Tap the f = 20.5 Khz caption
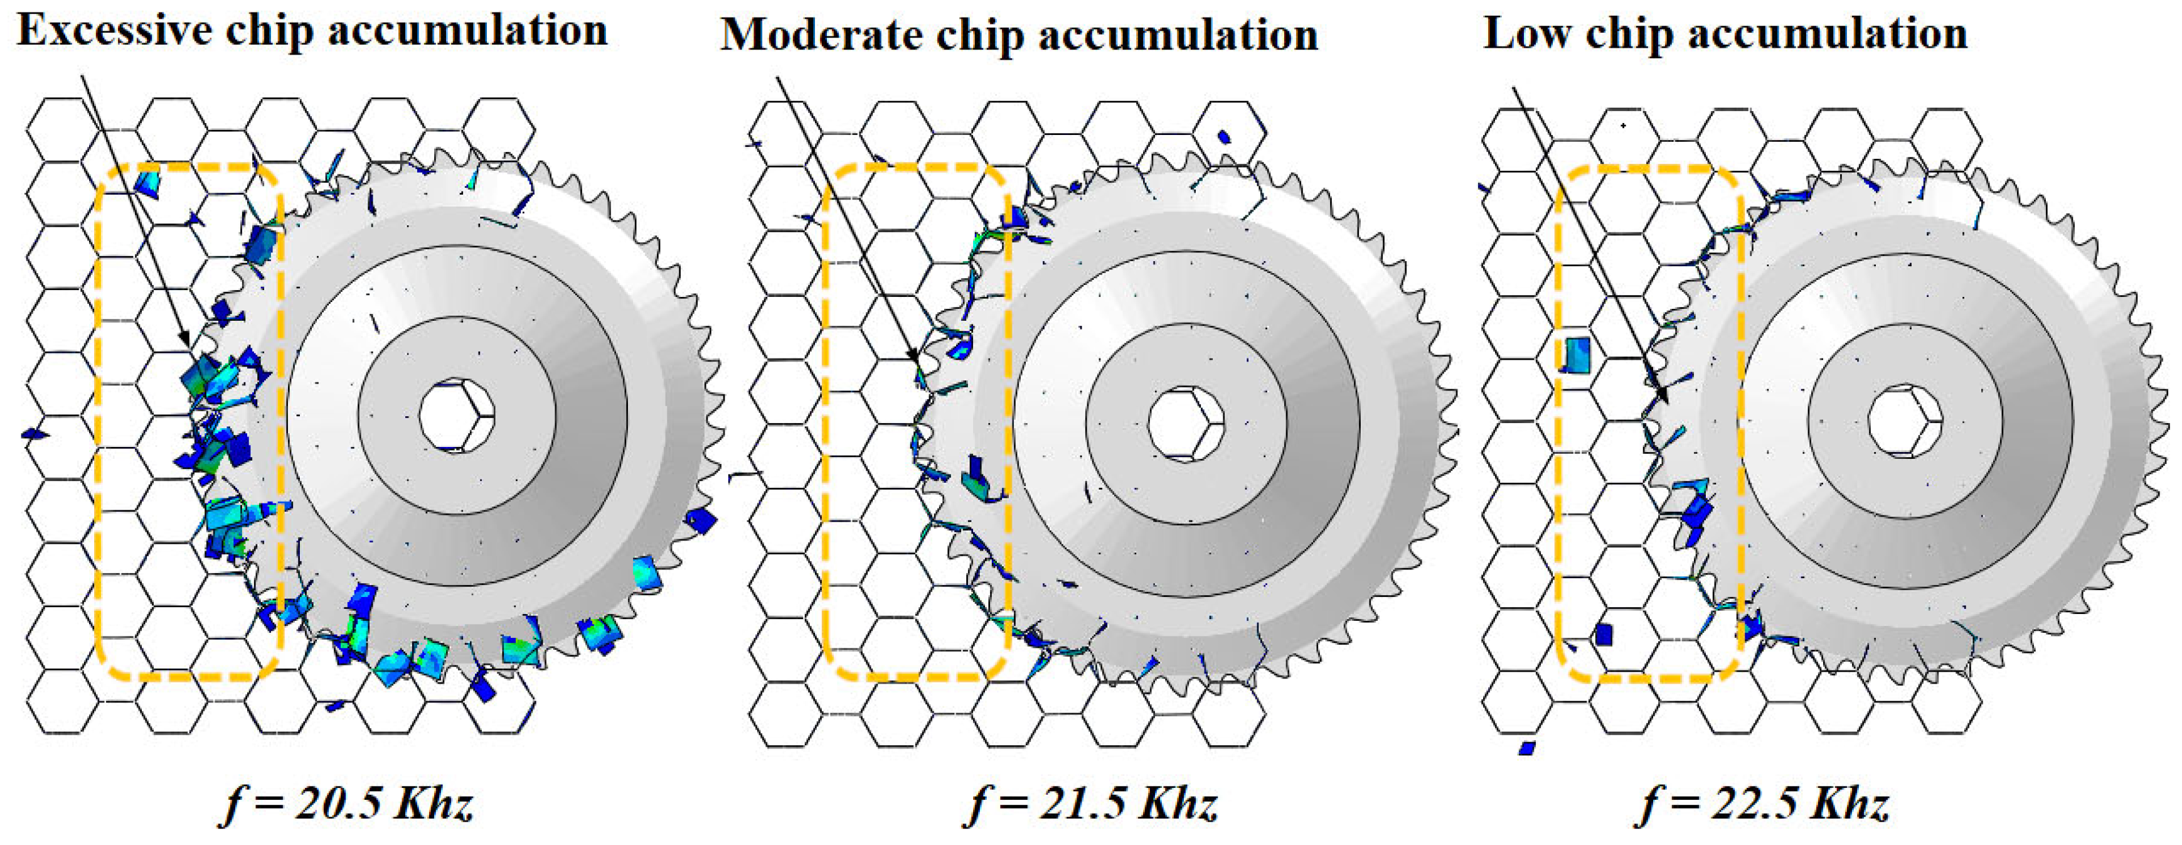pyautogui.click(x=346, y=802)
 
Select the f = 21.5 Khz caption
pyautogui.click(x=1092, y=802)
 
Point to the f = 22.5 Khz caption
pyautogui.click(x=1764, y=802)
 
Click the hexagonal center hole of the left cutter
pyautogui.click(x=457, y=416)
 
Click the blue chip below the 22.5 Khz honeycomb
pyautogui.click(x=1527, y=748)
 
